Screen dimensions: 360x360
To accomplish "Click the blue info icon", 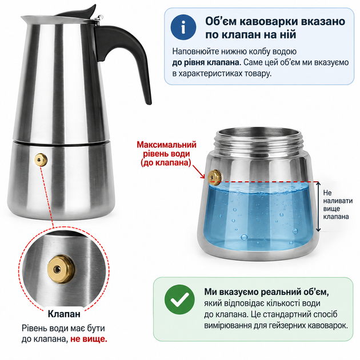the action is point(183,27).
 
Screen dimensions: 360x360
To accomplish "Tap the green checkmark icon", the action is point(179,299).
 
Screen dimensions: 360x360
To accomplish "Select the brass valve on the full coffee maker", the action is point(41,159).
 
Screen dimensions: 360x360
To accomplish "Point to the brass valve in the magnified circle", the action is point(61,269).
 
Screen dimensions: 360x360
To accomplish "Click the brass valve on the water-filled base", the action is point(215,177).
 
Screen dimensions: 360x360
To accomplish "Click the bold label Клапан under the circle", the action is point(64,314).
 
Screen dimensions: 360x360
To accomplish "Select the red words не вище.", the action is point(89,339).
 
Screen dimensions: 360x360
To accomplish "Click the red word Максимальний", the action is point(166,145).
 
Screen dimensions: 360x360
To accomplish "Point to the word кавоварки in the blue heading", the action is point(269,21).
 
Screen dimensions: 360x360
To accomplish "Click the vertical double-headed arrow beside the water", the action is point(318,206).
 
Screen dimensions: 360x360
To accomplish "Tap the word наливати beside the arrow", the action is point(338,201).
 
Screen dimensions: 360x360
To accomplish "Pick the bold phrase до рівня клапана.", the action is point(206,62).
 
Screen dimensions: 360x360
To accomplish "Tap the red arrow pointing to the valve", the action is point(198,171).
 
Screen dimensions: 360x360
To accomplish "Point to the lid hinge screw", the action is point(100,17).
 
